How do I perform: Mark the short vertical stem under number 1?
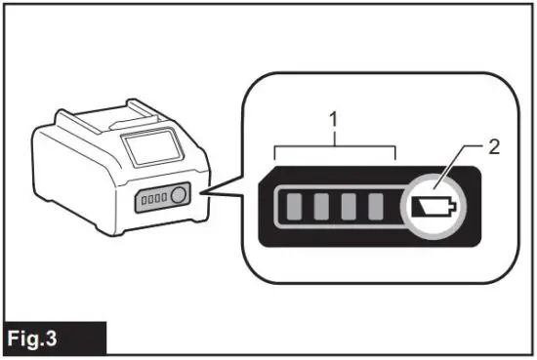[335, 139]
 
